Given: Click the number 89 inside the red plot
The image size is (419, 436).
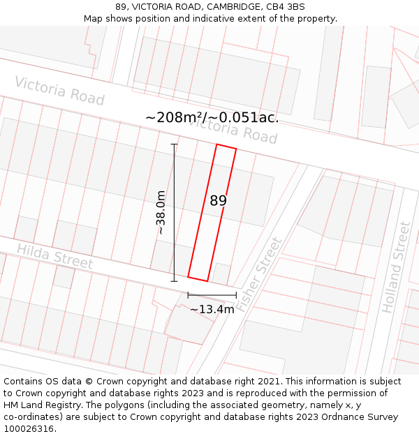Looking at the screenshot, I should (x=218, y=201).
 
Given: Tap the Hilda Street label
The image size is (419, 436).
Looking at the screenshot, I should (x=54, y=256).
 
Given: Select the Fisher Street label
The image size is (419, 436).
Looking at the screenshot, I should (x=259, y=274).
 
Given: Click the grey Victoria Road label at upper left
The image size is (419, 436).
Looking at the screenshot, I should (x=59, y=91).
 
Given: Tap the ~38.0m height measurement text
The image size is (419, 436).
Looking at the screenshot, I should (x=161, y=212).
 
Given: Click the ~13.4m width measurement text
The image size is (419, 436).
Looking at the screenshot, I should (x=212, y=309).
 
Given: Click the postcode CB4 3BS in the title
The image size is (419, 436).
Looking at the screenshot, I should (x=286, y=7).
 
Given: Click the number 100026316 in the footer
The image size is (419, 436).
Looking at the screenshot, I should (x=30, y=428).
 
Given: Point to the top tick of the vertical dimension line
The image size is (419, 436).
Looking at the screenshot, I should (x=174, y=144).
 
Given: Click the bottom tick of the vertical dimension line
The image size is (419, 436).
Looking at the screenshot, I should (x=174, y=281).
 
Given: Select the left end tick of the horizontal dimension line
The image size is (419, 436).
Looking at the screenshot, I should (x=188, y=295).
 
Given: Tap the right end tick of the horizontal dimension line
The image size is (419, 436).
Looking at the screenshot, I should (x=236, y=295).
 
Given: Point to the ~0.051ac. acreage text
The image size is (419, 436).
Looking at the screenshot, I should (x=244, y=117).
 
